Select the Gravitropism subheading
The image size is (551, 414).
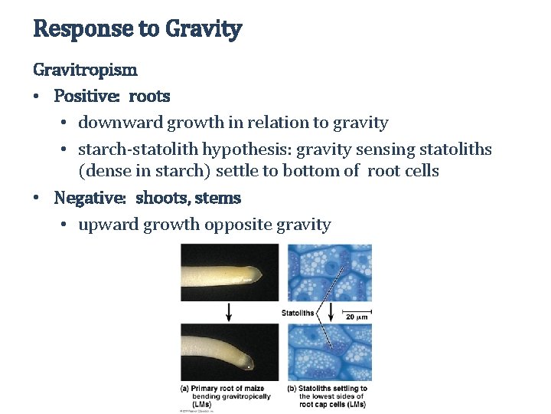point(85,70)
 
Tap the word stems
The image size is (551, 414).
point(218,198)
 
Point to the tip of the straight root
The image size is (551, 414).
point(264,274)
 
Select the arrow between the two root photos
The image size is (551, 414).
point(229,310)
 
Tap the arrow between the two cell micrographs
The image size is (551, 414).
point(331,310)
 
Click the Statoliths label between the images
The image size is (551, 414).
point(298,313)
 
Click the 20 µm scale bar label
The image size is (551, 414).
point(357,316)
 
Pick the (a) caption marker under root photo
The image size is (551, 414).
point(185,389)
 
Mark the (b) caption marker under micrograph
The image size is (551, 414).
point(292,389)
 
